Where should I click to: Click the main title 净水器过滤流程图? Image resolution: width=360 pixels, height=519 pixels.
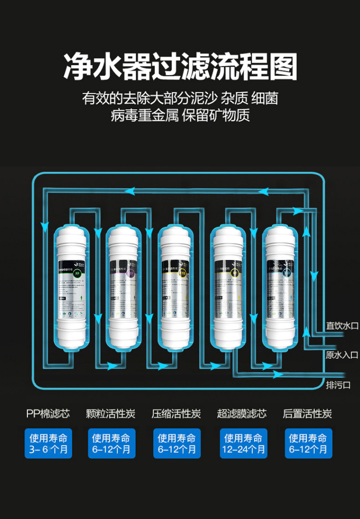[x=180, y=67]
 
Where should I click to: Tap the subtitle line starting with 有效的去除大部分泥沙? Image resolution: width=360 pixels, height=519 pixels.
[x=180, y=98]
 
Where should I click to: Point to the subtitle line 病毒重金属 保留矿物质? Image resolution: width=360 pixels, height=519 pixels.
[x=180, y=116]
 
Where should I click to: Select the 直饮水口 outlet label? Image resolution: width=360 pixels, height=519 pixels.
[x=342, y=326]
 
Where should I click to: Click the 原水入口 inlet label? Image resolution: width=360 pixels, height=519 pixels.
[x=342, y=355]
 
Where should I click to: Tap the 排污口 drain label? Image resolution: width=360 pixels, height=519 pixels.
[x=338, y=386]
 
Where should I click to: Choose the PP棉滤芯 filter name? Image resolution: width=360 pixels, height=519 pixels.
[x=48, y=414]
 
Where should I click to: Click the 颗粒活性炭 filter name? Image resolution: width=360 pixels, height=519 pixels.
[x=111, y=414]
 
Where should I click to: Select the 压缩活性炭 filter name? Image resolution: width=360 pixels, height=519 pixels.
[x=176, y=414]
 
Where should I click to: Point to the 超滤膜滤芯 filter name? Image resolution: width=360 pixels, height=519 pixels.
[x=242, y=414]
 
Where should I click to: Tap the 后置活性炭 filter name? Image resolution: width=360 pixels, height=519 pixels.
[x=308, y=414]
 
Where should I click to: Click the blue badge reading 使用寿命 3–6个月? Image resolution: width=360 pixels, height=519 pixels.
[x=48, y=443]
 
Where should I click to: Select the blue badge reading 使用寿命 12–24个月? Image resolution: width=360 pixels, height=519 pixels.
[x=244, y=443]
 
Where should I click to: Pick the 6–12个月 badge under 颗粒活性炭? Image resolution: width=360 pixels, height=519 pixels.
[x=112, y=443]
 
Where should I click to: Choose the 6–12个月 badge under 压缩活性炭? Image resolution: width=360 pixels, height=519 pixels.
[x=177, y=443]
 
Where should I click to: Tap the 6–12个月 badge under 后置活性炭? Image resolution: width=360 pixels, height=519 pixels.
[x=309, y=443]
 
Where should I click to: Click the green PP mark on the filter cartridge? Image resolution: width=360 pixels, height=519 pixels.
[x=77, y=274]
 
